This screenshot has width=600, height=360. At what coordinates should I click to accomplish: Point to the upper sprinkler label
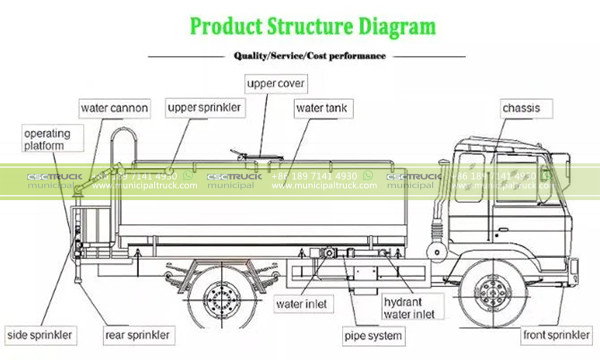(x=203, y=107)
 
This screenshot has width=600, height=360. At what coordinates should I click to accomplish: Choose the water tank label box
(x=320, y=106)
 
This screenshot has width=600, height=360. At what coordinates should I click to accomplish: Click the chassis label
(x=526, y=107)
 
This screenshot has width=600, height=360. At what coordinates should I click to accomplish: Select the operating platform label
(x=43, y=139)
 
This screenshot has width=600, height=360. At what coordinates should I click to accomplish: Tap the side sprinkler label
(x=41, y=333)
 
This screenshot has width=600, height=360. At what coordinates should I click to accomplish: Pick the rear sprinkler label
(x=136, y=333)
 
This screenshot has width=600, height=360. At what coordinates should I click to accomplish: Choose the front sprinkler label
(x=555, y=333)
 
